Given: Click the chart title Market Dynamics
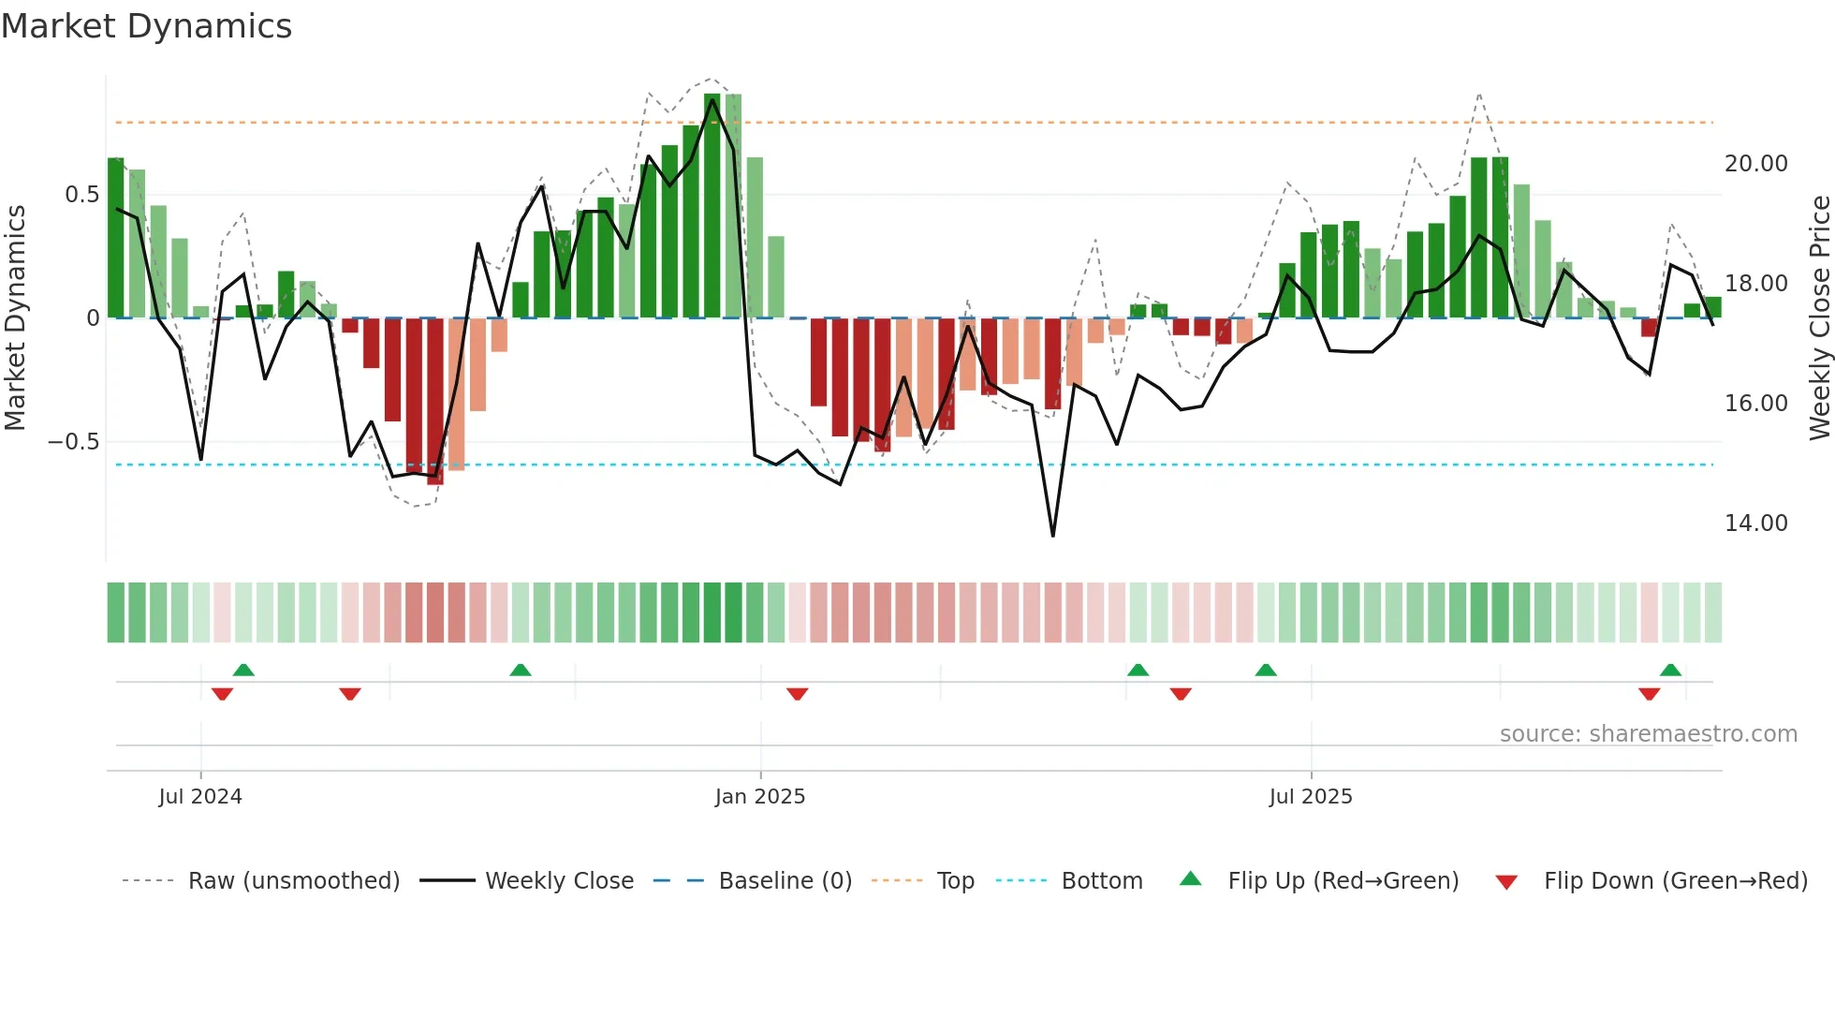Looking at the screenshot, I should coord(146,26).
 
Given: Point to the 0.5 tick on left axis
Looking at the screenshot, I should coord(81,195).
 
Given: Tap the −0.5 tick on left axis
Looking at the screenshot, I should coord(73,442).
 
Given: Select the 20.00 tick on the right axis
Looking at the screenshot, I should coord(1755,164).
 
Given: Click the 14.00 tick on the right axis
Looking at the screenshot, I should coord(1755,523).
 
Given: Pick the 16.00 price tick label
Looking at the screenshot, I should coord(1755,404).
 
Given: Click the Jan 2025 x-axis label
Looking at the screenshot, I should coord(759,797).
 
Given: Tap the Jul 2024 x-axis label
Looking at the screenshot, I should coord(200,797).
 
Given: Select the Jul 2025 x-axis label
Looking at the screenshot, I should coord(1310,797).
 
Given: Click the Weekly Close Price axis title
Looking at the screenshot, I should coord(1819,318).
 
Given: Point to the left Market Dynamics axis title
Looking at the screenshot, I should coord(15,318).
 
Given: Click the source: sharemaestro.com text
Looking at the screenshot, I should coord(1648,734).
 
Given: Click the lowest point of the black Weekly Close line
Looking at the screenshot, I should coord(1053,536).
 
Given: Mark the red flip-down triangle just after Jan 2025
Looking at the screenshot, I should coord(797,694).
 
